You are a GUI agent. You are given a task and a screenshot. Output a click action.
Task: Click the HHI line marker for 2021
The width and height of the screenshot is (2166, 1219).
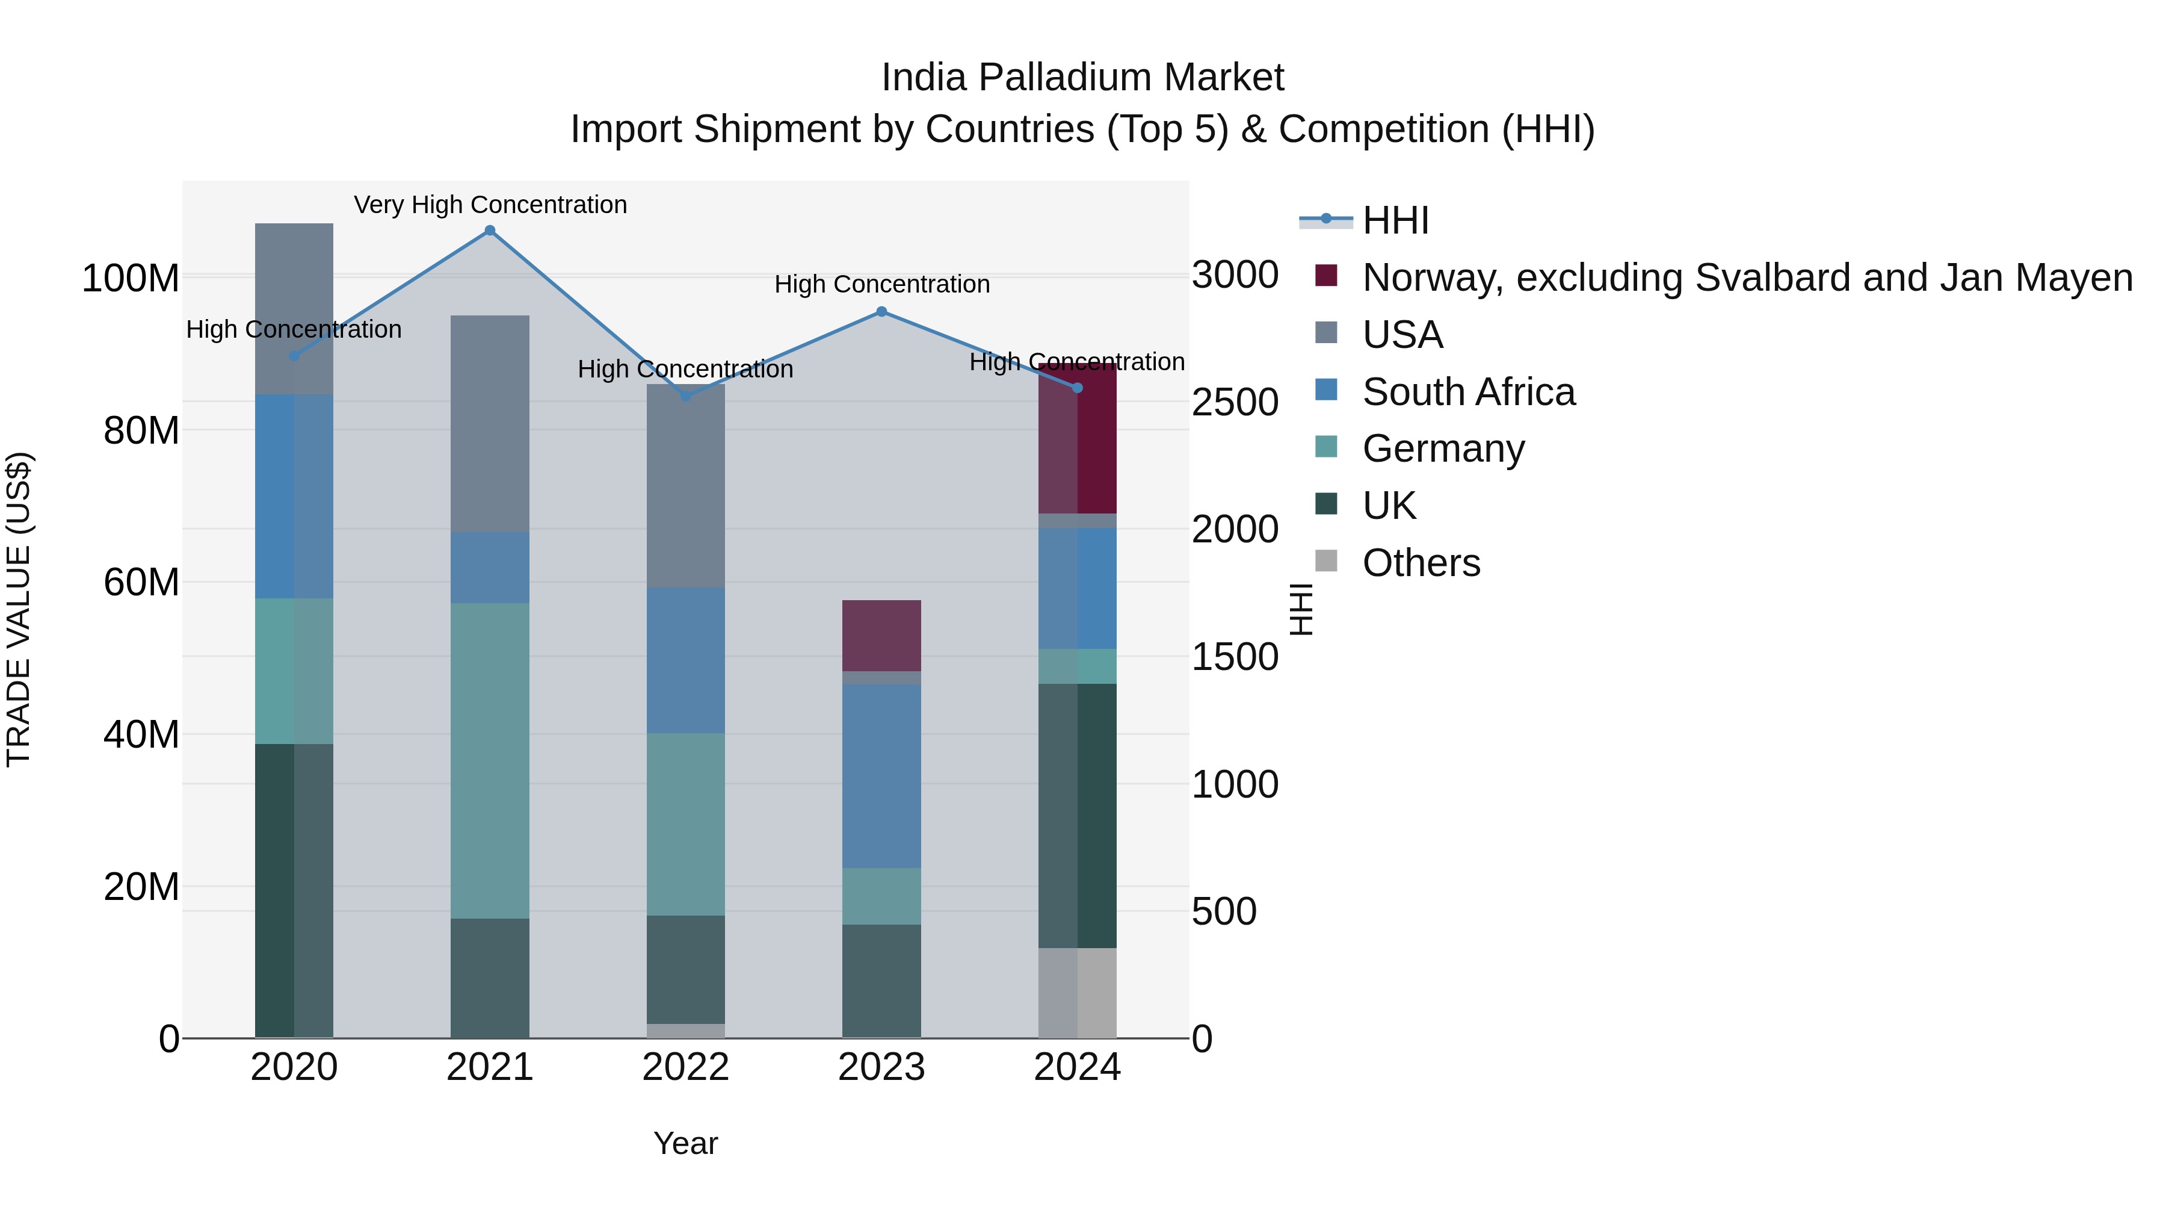490,231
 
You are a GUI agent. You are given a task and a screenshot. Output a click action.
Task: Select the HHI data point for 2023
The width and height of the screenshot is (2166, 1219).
881,312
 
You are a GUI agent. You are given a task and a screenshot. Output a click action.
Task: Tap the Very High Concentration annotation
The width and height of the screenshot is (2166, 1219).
490,205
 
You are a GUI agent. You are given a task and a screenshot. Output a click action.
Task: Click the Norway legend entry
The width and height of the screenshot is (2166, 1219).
1747,278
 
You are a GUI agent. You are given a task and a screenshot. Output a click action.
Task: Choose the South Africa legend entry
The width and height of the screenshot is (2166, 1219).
1468,392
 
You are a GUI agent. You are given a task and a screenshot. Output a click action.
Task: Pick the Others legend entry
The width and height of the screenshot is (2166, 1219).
1421,563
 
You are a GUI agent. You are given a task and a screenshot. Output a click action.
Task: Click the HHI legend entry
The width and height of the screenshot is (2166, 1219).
1396,220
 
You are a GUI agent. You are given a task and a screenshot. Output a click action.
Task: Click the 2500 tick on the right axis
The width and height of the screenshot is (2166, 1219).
1235,402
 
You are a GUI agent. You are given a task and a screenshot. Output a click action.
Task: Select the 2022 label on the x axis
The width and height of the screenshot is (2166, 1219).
685,1067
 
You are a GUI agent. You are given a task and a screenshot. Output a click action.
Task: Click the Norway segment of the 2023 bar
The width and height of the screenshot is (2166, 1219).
881,635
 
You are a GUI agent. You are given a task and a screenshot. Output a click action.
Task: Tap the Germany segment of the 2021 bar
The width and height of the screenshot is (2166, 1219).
490,760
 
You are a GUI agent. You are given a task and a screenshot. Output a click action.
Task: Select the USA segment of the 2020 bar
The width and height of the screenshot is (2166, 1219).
294,309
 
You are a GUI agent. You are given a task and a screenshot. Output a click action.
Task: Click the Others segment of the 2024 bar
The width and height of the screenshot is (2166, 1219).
1077,993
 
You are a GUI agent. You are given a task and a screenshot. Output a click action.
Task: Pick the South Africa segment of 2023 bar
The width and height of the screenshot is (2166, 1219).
881,776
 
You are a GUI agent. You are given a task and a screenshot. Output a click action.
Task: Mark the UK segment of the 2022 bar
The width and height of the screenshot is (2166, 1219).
685,969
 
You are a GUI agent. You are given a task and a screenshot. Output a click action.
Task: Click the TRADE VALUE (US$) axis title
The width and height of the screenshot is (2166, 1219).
19,609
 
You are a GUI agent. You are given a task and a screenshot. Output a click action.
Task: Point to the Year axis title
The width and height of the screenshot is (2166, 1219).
685,1143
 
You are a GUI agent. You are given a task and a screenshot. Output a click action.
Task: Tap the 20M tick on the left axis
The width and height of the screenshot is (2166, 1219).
141,887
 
